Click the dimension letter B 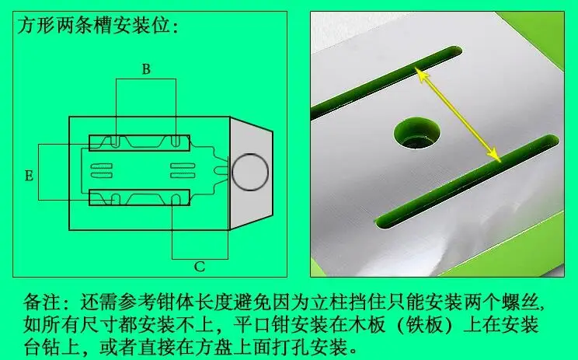pyautogui.click(x=146, y=69)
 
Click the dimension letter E pyautogui.click(x=29, y=176)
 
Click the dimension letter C pyautogui.click(x=200, y=267)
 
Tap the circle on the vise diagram pyautogui.click(x=250, y=173)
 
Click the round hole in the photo pyautogui.click(x=417, y=133)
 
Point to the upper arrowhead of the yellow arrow pyautogui.click(x=421, y=75)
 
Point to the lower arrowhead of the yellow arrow pyautogui.click(x=495, y=156)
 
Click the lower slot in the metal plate pyautogui.click(x=468, y=181)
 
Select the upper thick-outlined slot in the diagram pyautogui.click(x=139, y=143)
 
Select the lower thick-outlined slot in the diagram pyautogui.click(x=139, y=197)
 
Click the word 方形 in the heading pyautogui.click(x=36, y=26)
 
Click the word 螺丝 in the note pyautogui.click(x=520, y=302)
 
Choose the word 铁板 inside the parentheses pyautogui.click(x=423, y=324)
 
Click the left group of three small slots pyautogui.click(x=101, y=170)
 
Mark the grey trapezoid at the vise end pyautogui.click(x=251, y=173)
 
